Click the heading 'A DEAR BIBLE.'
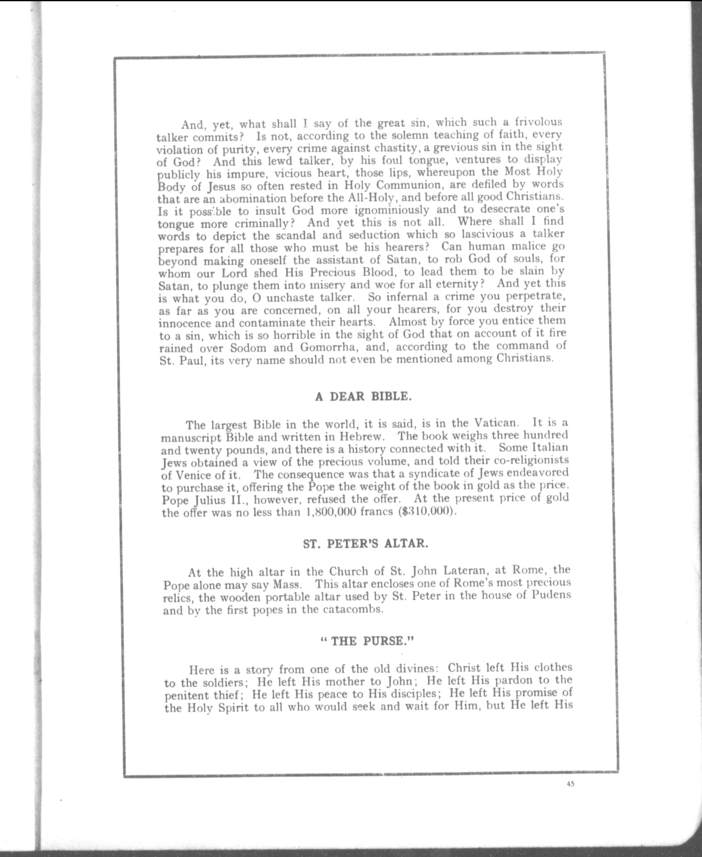coord(363,396)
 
